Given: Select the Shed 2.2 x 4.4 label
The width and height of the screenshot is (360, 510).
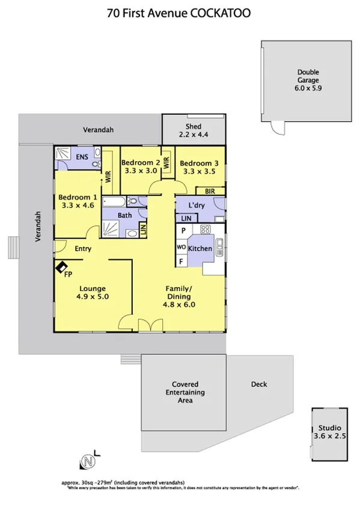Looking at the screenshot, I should pyautogui.click(x=193, y=131).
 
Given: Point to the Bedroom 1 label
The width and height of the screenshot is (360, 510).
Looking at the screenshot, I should pyautogui.click(x=77, y=201).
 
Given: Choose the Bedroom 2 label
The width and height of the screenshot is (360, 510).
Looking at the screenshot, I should pyautogui.click(x=140, y=167).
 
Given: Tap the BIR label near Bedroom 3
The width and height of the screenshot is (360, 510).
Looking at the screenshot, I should pyautogui.click(x=210, y=191).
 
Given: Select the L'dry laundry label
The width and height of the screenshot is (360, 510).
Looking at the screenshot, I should pyautogui.click(x=197, y=206).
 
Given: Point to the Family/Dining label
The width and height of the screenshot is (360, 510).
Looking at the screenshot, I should pyautogui.click(x=178, y=296).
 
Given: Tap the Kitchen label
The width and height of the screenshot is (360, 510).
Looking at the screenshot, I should pyautogui.click(x=200, y=248).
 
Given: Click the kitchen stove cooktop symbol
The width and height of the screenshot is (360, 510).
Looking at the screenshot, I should pyautogui.click(x=204, y=229).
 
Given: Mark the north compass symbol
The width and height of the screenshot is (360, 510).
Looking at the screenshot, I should pyautogui.click(x=88, y=462).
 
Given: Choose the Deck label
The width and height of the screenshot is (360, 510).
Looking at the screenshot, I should pyautogui.click(x=259, y=384).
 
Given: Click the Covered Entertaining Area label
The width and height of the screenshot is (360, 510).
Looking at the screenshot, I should pyautogui.click(x=185, y=392).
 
